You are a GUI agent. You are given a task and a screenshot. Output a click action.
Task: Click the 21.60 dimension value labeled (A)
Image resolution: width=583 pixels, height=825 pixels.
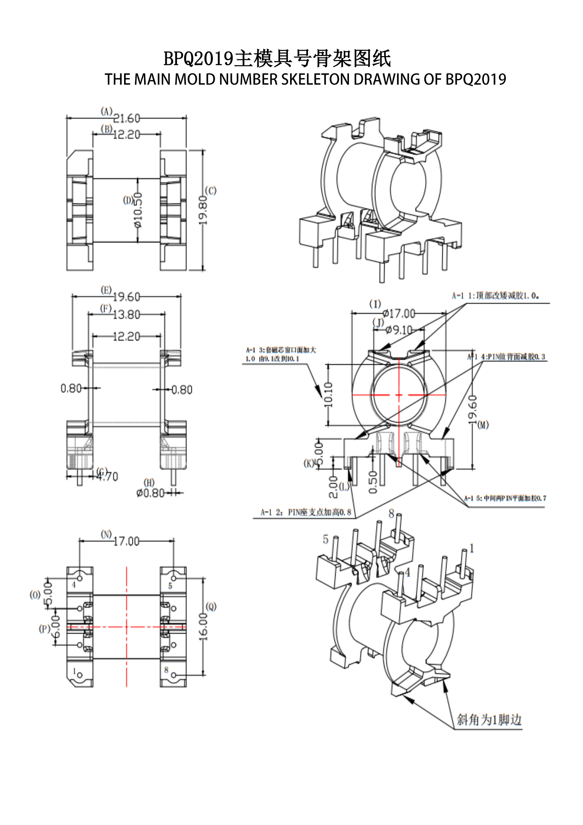(127, 118)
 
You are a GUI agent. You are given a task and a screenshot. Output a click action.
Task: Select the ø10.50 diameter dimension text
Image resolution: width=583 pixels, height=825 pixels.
(138, 210)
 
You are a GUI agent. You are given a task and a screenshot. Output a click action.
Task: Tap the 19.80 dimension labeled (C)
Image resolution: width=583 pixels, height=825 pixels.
(203, 210)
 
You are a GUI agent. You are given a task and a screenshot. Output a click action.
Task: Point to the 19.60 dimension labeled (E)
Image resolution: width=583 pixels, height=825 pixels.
(127, 297)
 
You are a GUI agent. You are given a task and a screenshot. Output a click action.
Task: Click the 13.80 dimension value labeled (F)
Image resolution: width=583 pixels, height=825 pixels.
(127, 314)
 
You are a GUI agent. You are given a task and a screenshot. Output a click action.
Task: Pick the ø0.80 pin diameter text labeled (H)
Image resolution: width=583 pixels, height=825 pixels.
(151, 493)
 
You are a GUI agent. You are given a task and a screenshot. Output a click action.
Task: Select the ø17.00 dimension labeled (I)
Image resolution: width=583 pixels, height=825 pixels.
(399, 314)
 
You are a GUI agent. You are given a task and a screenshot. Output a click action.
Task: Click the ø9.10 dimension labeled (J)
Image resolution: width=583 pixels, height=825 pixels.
(399, 329)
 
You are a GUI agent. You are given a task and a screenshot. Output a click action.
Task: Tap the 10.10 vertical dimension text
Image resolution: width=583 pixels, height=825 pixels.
(329, 395)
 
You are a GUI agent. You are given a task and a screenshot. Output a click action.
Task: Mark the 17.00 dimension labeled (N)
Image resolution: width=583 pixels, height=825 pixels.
(127, 541)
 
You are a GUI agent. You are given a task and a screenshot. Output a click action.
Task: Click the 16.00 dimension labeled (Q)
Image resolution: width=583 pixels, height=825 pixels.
(203, 627)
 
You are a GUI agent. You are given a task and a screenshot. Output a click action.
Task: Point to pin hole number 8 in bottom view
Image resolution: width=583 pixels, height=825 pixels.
(174, 675)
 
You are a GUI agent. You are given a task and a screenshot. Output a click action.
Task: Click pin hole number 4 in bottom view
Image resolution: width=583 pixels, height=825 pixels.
(80, 578)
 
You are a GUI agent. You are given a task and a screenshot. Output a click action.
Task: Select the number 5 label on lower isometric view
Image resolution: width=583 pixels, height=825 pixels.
(326, 539)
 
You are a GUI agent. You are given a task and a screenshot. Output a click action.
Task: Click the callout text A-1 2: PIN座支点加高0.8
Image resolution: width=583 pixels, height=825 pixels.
(306, 512)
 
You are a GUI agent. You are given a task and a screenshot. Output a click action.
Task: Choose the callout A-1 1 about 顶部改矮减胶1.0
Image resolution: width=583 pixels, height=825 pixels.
(495, 296)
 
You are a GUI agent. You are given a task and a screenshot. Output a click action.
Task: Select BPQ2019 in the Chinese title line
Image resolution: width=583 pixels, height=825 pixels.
(198, 59)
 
